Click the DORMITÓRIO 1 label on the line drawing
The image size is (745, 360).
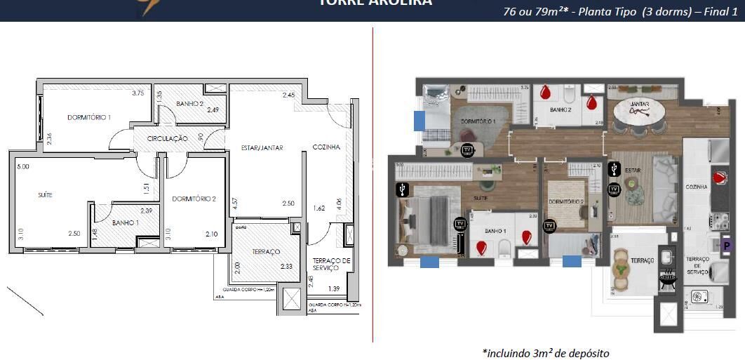[x=89, y=117]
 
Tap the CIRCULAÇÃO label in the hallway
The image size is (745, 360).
[x=167, y=139]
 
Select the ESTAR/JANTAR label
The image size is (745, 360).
[x=262, y=148]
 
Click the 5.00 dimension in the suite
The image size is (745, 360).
[x=23, y=167]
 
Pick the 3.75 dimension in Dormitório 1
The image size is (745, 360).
[x=138, y=93]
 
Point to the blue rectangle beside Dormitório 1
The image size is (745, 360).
[x=420, y=121]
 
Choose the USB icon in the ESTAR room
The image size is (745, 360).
[x=615, y=168]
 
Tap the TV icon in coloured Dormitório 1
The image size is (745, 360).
[x=467, y=149]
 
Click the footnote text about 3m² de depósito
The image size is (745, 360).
[x=545, y=352]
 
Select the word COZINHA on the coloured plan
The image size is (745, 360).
[x=697, y=187]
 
